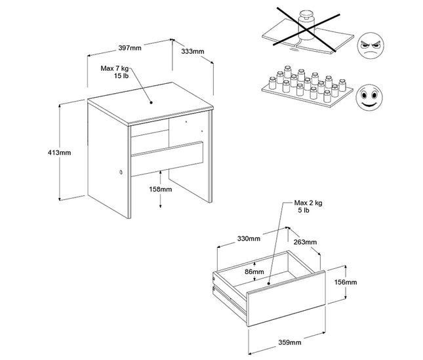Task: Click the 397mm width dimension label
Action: pyautogui.click(x=129, y=48)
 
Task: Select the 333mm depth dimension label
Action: pyautogui.click(x=191, y=50)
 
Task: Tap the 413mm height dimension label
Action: pyautogui.click(x=60, y=152)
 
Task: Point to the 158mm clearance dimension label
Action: pyautogui.click(x=161, y=190)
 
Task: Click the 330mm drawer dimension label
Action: pyautogui.click(x=249, y=238)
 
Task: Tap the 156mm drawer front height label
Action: pyautogui.click(x=346, y=282)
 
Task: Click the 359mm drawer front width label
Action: pyautogui.click(x=289, y=342)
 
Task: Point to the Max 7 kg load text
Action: pyautogui.click(x=114, y=72)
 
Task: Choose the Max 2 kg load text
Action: pyautogui.click(x=308, y=207)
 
